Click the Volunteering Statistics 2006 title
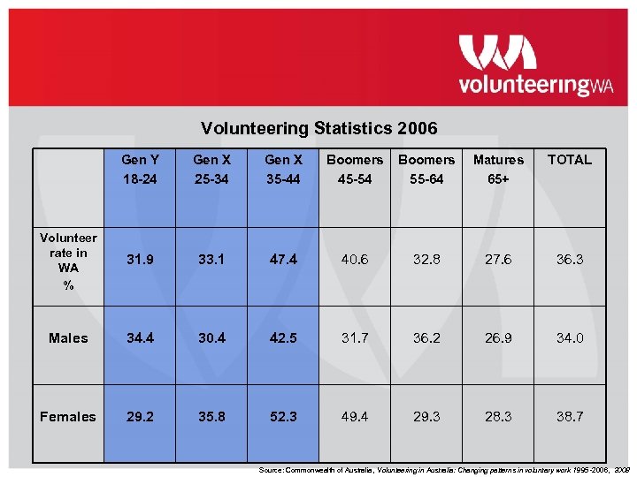(318, 129)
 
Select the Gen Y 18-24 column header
(140, 169)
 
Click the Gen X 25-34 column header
(211, 169)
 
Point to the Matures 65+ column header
(498, 169)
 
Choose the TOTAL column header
(569, 160)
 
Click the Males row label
(68, 337)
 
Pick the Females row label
(67, 416)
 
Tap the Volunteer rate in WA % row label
(68, 261)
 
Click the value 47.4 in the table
(283, 260)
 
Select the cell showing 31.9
(140, 260)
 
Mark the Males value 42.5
(283, 337)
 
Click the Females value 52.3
(283, 416)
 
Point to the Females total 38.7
(569, 416)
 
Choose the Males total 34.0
(569, 337)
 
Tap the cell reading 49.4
(355, 416)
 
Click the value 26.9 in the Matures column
(498, 337)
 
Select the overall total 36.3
(569, 260)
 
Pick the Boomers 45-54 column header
(355, 169)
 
